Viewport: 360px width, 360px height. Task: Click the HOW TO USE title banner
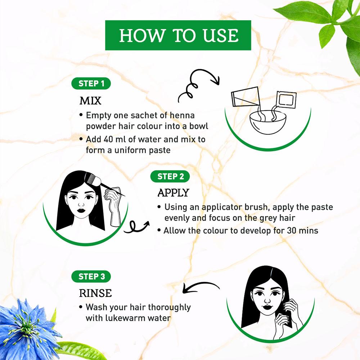click(178, 35)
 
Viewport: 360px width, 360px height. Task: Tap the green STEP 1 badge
click(91, 84)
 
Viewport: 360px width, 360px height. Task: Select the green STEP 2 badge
click(171, 176)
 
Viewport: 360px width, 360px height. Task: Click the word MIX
click(90, 100)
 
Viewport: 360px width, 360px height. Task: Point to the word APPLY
click(173, 193)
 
